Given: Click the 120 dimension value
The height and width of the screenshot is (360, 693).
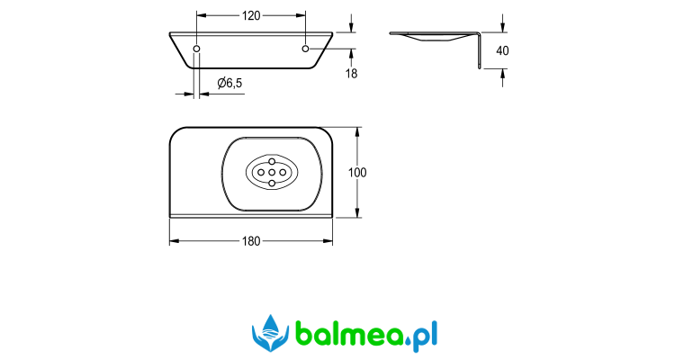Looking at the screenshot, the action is [251, 16].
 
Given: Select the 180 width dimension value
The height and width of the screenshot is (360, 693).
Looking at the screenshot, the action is [251, 241].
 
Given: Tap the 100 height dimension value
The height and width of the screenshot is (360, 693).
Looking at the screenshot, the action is [357, 172].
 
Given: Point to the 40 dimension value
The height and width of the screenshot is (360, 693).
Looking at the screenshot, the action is [502, 50].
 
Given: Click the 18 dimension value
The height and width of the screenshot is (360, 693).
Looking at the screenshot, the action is [351, 73].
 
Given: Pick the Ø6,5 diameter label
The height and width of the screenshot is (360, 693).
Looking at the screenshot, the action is [229, 83].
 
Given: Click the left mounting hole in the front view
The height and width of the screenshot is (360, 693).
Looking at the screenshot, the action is [197, 49].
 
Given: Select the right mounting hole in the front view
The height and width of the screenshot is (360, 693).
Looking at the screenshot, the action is [305, 49].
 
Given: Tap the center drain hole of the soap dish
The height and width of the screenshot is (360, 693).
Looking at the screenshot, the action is [272, 172].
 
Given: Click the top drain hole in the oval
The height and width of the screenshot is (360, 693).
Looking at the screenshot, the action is [272, 162].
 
